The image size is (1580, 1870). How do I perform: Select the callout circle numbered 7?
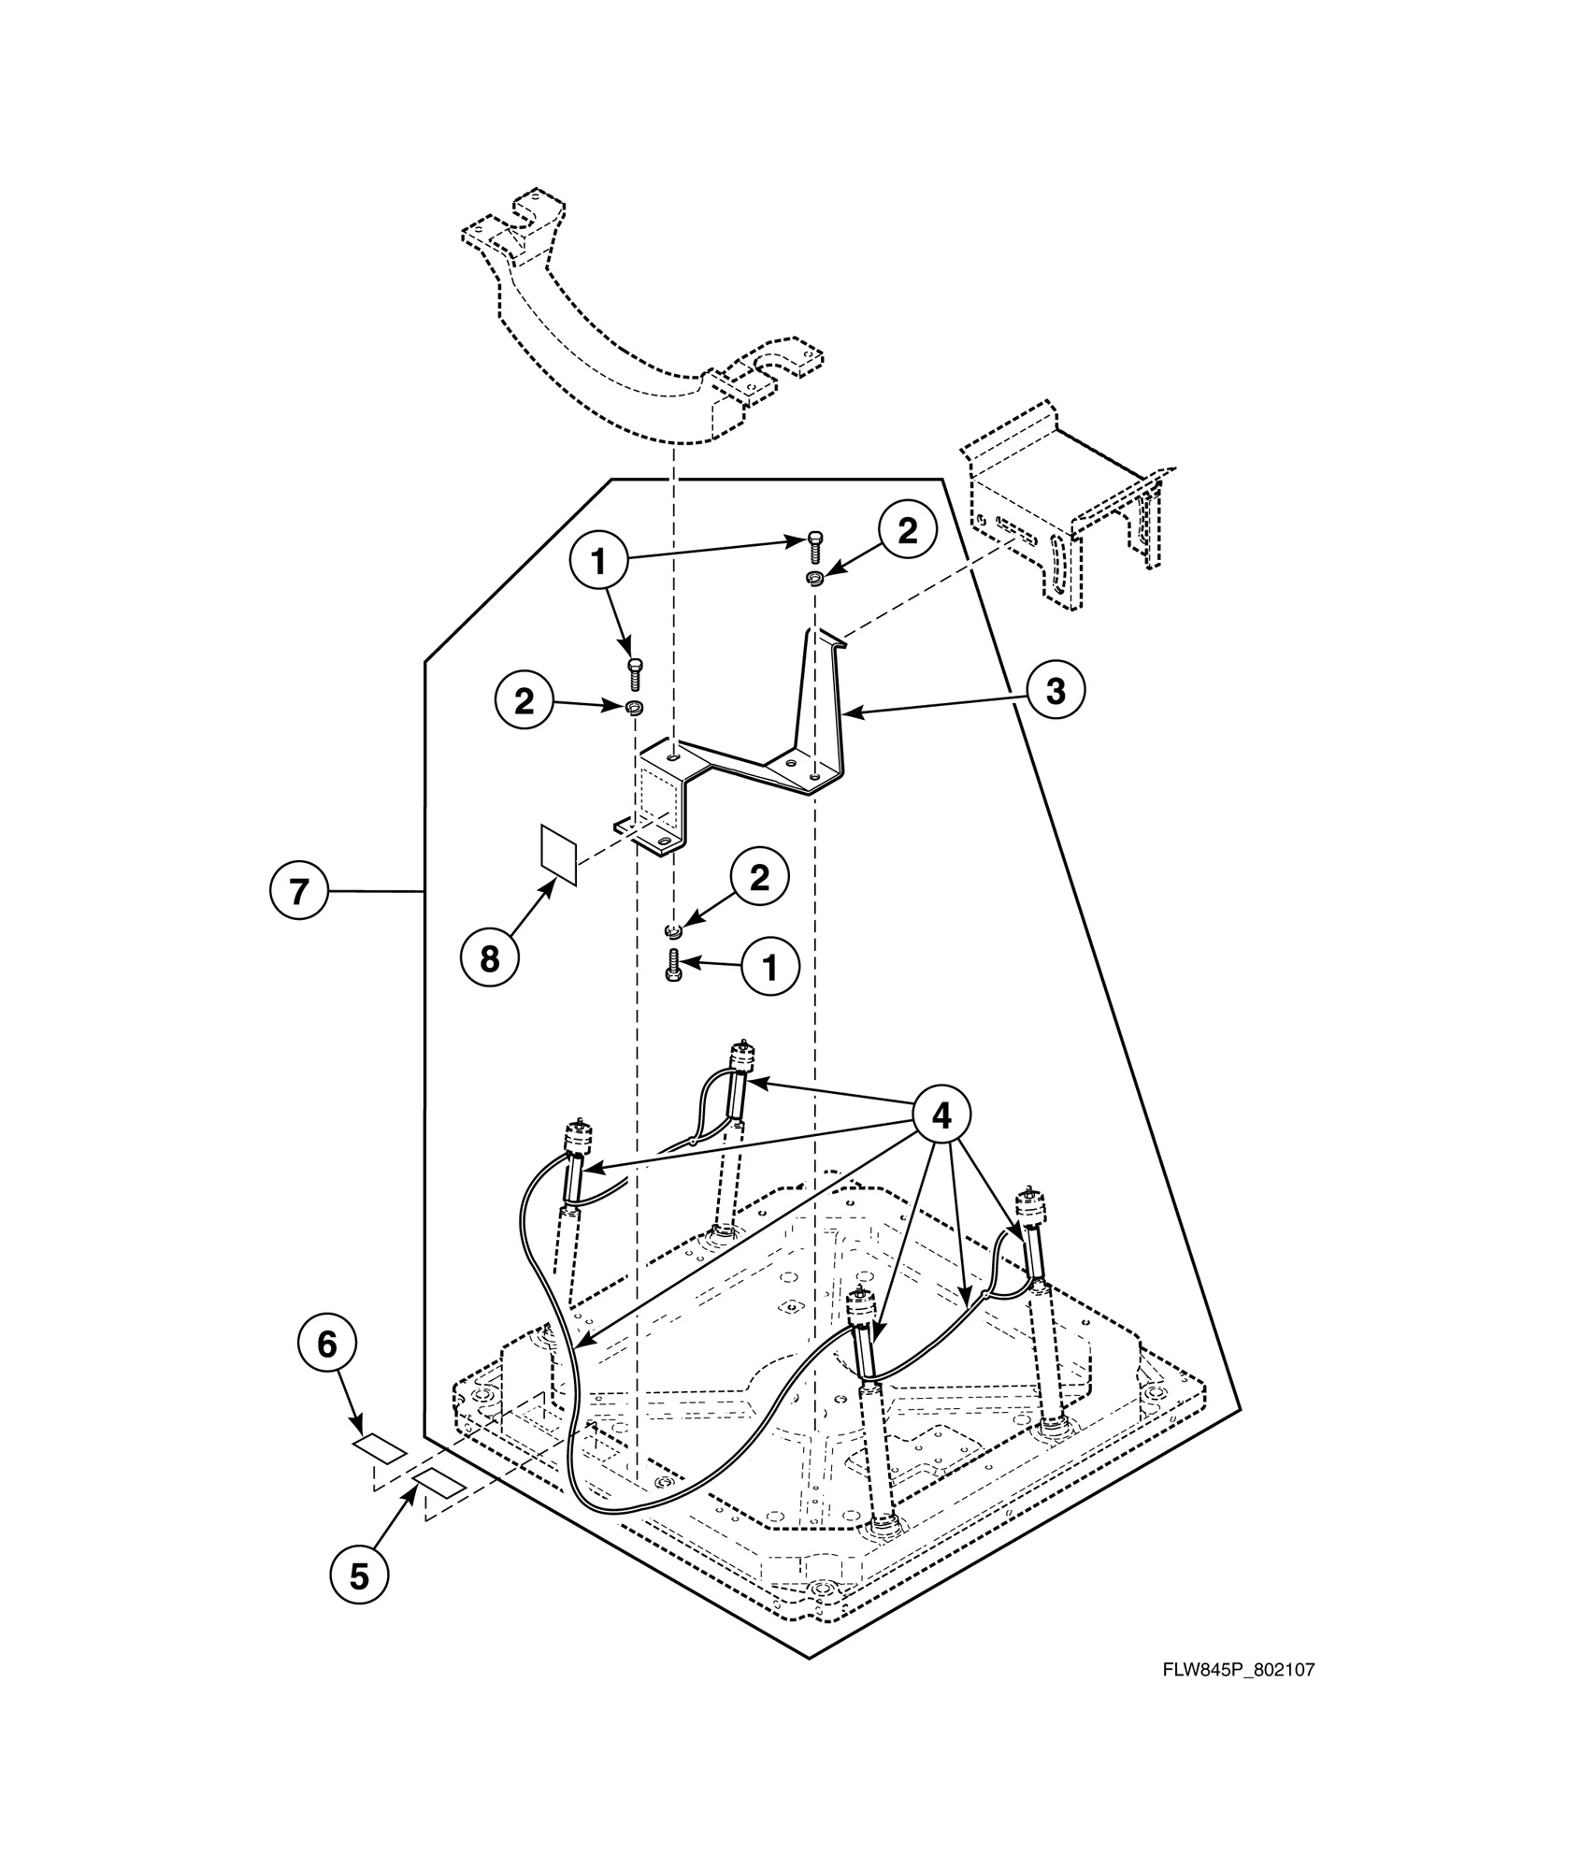(298, 891)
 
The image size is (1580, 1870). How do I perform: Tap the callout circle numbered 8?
(490, 957)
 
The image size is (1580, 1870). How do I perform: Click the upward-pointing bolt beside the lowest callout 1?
(672, 963)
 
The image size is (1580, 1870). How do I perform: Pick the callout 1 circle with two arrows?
(598, 561)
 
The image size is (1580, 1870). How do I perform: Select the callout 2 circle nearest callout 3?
(907, 530)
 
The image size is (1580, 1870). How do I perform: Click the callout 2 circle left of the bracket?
(524, 700)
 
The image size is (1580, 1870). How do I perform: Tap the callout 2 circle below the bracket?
(759, 877)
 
